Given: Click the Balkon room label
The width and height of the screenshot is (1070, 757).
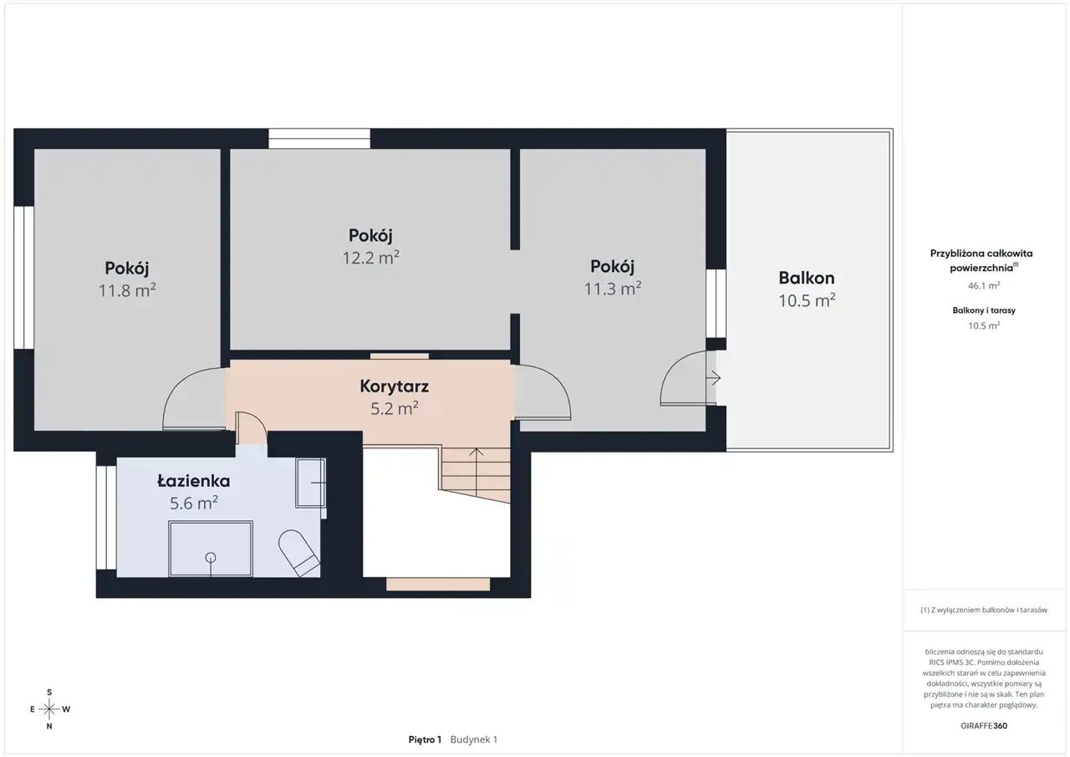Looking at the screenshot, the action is coord(807,278).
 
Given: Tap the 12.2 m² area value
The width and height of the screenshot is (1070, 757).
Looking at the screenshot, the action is coord(370,258).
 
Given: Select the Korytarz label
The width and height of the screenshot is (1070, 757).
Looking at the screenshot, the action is coord(394,386).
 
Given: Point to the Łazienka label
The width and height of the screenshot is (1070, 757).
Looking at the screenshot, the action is coord(193,481).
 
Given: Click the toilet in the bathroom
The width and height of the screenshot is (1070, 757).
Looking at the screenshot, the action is coord(298,553).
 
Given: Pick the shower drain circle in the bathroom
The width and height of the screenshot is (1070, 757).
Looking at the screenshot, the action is coord(210,557).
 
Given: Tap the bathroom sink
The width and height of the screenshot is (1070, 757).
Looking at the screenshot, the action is coord(310,483).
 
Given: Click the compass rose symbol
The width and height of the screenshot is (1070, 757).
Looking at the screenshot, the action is coord(49,709).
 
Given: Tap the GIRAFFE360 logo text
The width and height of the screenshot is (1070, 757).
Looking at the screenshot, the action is coord(984,725).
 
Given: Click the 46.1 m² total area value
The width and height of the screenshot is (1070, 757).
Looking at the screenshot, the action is coord(984,286).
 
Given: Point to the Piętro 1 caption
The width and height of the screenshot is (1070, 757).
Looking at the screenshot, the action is coord(425,739).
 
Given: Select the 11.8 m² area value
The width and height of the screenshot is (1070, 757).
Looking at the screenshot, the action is coord(127,290).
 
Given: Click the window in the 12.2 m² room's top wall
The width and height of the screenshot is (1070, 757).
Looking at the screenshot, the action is coord(319,139).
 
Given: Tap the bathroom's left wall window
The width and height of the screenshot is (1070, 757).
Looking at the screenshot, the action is coord(106,518).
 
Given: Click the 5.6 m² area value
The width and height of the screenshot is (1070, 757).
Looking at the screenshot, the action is coord(194,504).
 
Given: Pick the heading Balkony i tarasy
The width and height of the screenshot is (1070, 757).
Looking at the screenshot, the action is coord(984,310).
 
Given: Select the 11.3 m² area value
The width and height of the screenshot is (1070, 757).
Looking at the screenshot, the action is coord(613,289).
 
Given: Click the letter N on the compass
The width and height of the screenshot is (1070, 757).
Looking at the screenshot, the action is coord(49,726).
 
